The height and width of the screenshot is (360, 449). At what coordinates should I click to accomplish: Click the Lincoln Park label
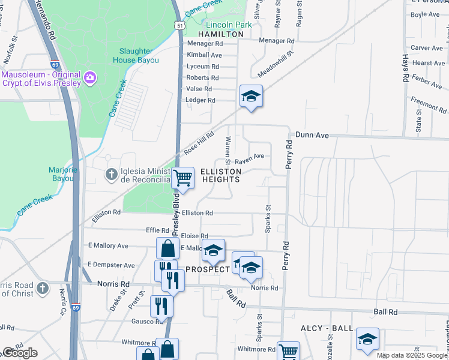point(229,25)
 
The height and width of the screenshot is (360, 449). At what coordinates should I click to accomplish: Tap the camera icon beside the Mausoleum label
point(91,77)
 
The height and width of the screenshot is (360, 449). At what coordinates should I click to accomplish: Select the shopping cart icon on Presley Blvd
point(182,177)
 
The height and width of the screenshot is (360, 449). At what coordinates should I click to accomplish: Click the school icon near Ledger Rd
point(252,95)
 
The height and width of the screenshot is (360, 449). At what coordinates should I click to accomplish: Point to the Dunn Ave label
point(312,136)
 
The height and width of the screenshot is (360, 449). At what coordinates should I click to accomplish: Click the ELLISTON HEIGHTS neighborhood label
point(221,175)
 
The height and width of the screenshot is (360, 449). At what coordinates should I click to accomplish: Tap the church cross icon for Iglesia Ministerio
point(111,175)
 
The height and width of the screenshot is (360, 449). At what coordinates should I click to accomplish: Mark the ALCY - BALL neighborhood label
point(327,329)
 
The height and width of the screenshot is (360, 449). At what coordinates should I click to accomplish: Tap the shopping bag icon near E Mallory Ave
point(167,248)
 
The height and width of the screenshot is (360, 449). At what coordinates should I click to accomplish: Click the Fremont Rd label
point(429,104)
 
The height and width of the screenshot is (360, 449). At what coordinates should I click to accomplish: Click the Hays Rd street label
point(406,68)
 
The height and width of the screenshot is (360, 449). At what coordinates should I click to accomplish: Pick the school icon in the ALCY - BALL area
point(367,339)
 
